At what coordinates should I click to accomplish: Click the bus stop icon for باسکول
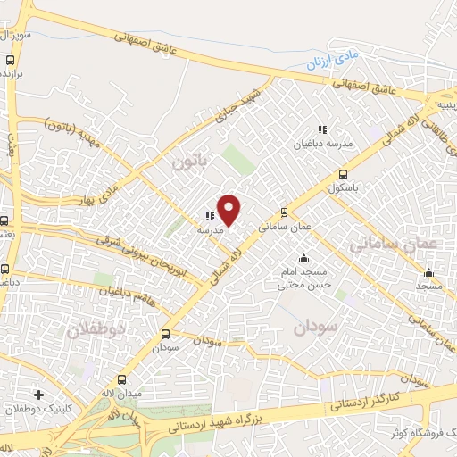pyautogui.click(x=344, y=175)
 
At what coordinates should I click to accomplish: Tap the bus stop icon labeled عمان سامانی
pyautogui.click(x=284, y=212)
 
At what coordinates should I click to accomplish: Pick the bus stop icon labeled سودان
pyautogui.click(x=164, y=335)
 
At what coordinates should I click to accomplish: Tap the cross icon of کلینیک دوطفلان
pyautogui.click(x=37, y=394)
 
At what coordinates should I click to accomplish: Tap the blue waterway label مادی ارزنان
pyautogui.click(x=325, y=64)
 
